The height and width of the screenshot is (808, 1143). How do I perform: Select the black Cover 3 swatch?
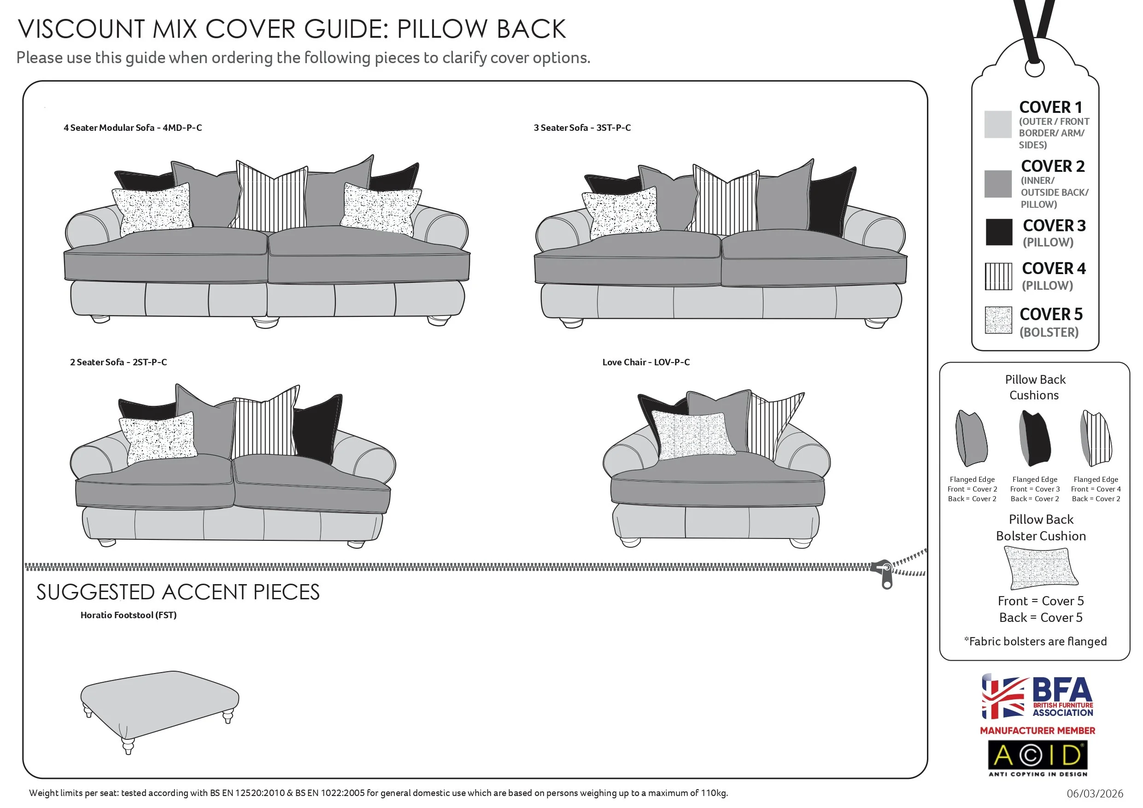(999, 232)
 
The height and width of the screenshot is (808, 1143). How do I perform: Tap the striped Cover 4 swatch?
(998, 276)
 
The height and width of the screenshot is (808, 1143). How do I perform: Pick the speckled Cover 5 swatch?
(998, 320)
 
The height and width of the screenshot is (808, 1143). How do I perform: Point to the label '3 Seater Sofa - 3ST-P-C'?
(582, 128)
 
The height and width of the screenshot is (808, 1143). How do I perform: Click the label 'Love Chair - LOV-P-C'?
(646, 363)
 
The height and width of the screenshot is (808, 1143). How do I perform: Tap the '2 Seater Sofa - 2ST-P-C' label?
(118, 363)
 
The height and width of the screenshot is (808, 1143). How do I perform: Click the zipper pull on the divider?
(887, 576)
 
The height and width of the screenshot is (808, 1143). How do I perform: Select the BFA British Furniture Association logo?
(1037, 697)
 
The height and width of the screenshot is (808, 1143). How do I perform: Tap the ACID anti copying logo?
(1037, 757)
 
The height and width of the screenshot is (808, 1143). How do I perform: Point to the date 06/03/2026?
(1095, 794)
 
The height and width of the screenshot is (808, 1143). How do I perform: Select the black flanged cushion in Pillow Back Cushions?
(1036, 438)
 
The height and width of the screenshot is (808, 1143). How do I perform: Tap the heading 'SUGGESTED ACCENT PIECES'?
(178, 592)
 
